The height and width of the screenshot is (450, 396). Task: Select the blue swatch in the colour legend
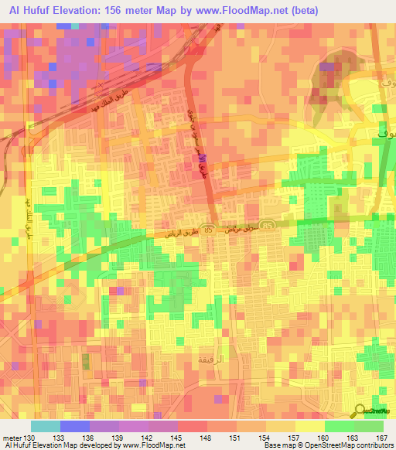tap(74, 426)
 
